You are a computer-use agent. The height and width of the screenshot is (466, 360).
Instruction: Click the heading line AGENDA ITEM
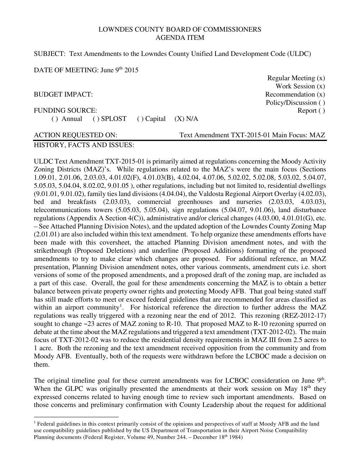coord(180,38)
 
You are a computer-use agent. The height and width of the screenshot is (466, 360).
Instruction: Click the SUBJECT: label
coord(50,54)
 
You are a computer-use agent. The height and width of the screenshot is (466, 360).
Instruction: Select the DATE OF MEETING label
coord(66,70)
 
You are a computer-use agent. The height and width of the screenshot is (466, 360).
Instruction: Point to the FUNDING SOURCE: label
coord(65,111)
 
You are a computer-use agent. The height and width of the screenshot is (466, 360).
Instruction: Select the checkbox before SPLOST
coord(96,119)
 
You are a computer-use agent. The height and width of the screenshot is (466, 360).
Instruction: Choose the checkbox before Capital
coord(140,119)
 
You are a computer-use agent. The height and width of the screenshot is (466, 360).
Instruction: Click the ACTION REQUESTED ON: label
coord(75,135)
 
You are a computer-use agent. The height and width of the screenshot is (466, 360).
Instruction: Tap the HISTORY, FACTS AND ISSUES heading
coord(84,145)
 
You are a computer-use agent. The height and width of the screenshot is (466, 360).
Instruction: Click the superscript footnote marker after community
coord(121,306)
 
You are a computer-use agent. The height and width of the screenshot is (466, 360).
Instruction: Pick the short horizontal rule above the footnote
coord(76,417)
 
